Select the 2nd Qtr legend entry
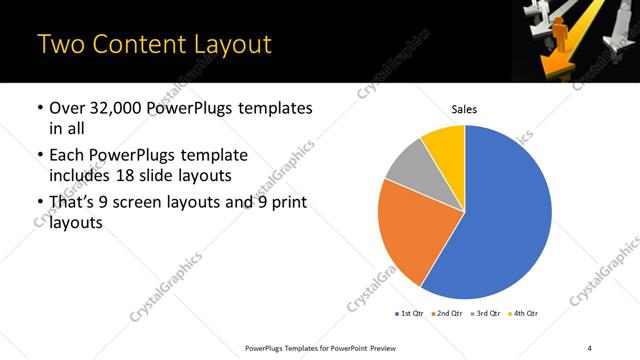click(447, 314)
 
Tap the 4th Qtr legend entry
click(525, 314)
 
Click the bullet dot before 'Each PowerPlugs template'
click(39, 156)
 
